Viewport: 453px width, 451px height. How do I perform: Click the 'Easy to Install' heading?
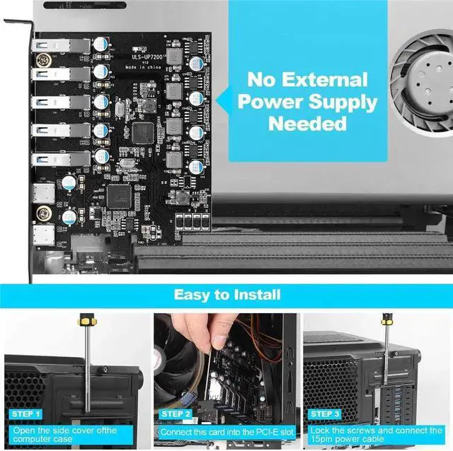[227, 294]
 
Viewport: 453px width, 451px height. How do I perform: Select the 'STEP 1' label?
[26, 414]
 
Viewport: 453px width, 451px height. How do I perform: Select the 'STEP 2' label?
[176, 414]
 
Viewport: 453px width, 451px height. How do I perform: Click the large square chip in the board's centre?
[143, 131]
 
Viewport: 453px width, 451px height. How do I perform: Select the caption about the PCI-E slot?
[225, 430]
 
